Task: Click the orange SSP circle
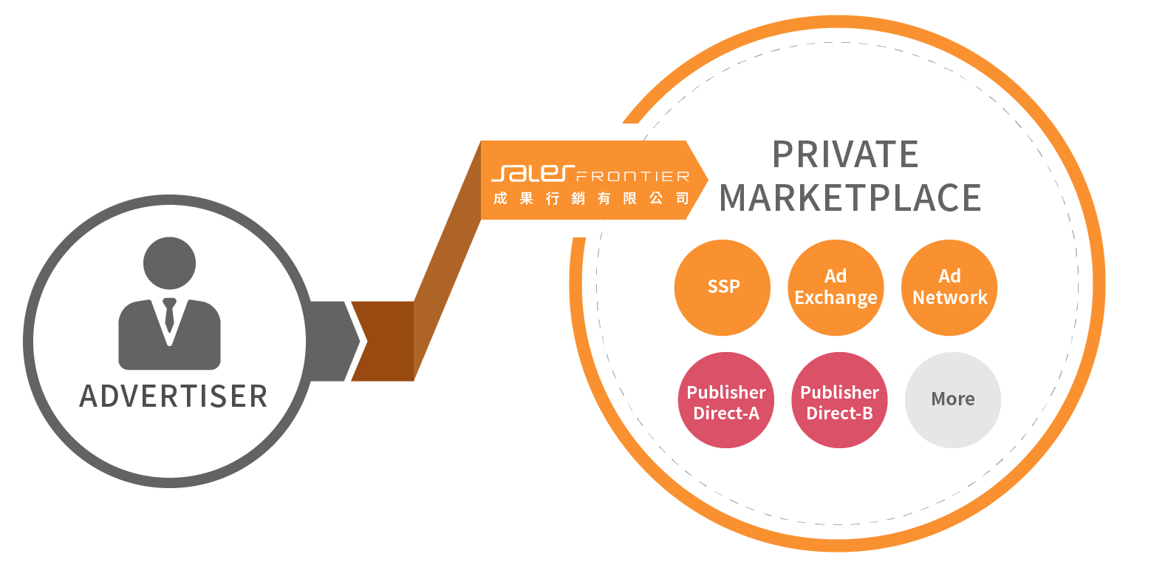pyautogui.click(x=723, y=287)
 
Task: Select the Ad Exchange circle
pyautogui.click(x=836, y=287)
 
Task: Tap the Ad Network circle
pyautogui.click(x=949, y=287)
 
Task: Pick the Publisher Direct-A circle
pyautogui.click(x=725, y=400)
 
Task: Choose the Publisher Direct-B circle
pyautogui.click(x=839, y=400)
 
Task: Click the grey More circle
pyautogui.click(x=953, y=400)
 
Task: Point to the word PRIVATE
pyautogui.click(x=845, y=155)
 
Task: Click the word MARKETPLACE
pyautogui.click(x=850, y=197)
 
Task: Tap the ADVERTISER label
pyautogui.click(x=173, y=396)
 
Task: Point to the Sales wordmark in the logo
pyautogui.click(x=532, y=174)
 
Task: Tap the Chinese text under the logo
pyautogui.click(x=591, y=198)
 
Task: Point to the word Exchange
pyautogui.click(x=836, y=298)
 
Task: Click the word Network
pyautogui.click(x=949, y=298)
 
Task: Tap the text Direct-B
pyautogui.click(x=839, y=413)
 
